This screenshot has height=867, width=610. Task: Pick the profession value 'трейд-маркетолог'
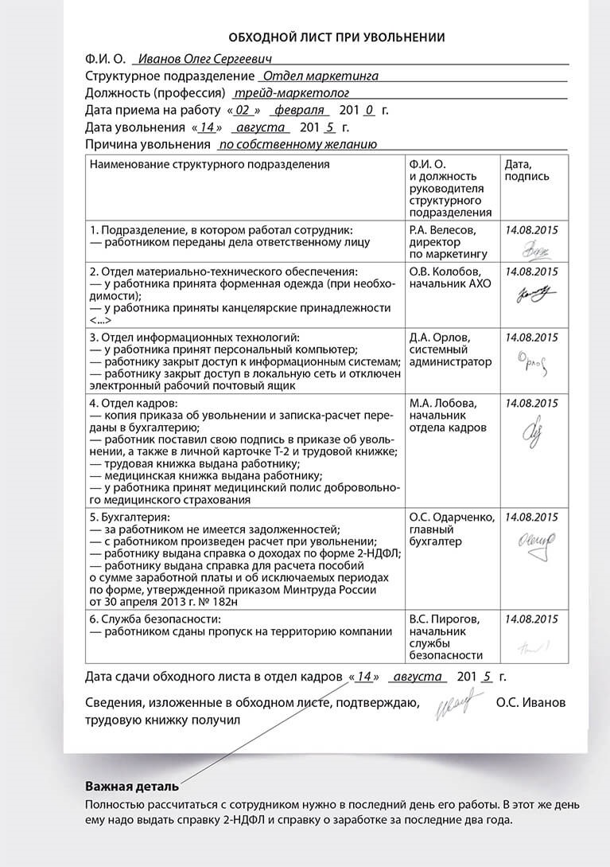click(x=269, y=93)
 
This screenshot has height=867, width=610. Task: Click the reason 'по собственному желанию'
click(x=297, y=145)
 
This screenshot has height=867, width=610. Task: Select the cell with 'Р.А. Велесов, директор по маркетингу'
click(x=448, y=242)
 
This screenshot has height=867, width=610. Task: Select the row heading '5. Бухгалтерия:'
click(x=130, y=517)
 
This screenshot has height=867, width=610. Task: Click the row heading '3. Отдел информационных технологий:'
click(x=193, y=337)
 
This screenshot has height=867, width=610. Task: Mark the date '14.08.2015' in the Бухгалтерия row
click(x=532, y=517)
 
